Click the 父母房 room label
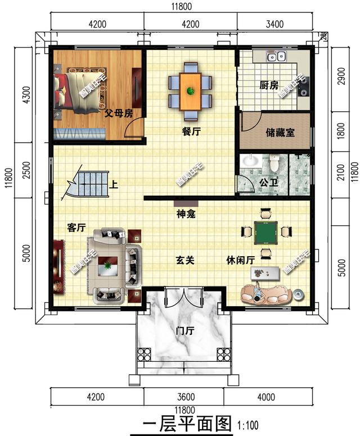click(x=119, y=113)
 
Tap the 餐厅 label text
click(x=191, y=131)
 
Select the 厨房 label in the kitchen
click(x=268, y=85)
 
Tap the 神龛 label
click(x=186, y=214)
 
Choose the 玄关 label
click(x=185, y=260)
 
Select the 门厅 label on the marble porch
click(x=184, y=331)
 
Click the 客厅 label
click(x=76, y=228)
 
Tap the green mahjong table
click(x=263, y=231)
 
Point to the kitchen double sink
click(x=277, y=56)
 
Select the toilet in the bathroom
click(x=274, y=163)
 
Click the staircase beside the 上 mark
click(x=90, y=184)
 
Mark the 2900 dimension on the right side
click(x=341, y=79)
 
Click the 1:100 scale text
click(x=249, y=423)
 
